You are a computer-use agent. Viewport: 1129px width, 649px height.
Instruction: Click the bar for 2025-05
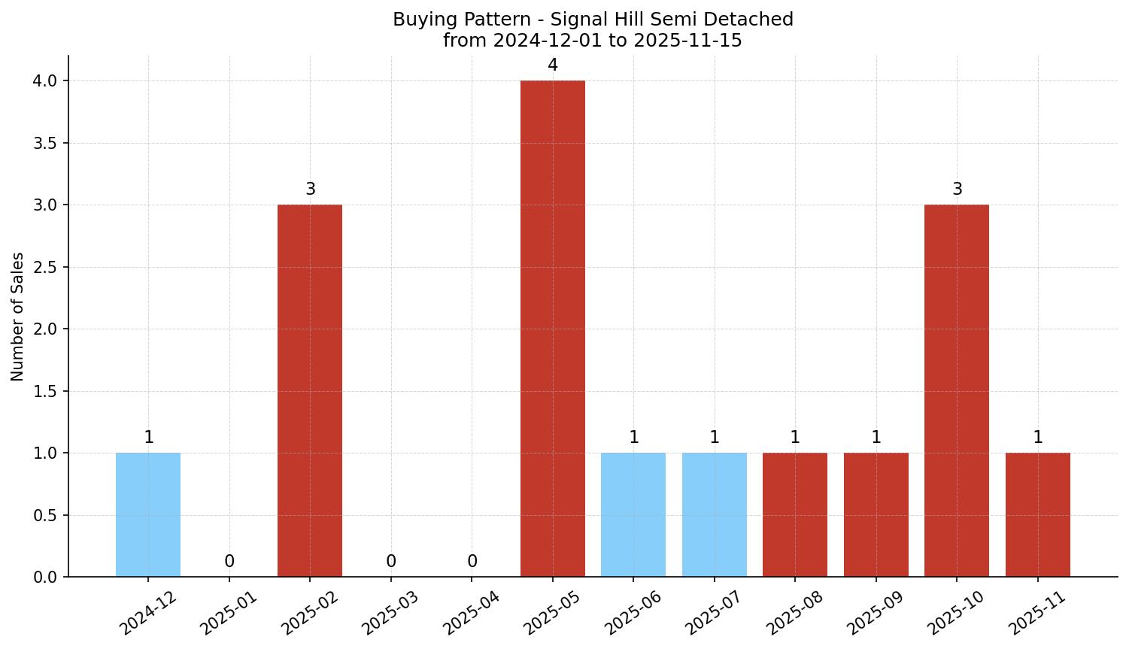coord(552,329)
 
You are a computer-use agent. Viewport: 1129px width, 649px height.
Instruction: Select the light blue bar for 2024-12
coord(148,514)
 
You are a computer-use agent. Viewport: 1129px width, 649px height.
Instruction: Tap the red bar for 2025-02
coord(310,390)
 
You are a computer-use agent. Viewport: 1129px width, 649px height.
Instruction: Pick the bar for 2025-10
coord(957,390)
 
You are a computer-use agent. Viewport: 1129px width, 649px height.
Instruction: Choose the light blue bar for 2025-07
coord(714,514)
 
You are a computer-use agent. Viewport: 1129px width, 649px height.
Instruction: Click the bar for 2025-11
coord(1037,514)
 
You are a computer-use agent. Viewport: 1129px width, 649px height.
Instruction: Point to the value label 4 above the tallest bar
coord(553,65)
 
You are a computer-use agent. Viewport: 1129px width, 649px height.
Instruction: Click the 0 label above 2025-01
coord(229,562)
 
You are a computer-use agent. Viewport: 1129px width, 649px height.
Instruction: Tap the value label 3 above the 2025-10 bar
coord(957,190)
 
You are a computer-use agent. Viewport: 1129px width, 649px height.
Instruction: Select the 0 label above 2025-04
coord(472,562)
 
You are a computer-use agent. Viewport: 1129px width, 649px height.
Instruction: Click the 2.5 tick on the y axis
coord(45,267)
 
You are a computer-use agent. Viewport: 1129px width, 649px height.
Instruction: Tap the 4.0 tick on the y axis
coord(45,80)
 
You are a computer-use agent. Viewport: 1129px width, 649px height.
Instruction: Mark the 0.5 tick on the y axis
coord(45,515)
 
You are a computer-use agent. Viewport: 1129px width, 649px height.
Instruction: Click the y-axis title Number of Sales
coord(18,317)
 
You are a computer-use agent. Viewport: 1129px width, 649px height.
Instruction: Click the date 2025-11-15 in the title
coord(687,41)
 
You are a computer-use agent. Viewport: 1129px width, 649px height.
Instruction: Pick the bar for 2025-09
coord(876,514)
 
